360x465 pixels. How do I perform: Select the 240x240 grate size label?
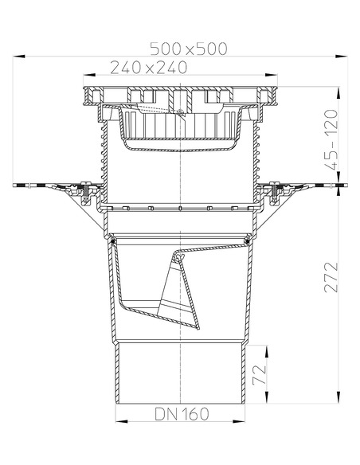tap(150, 68)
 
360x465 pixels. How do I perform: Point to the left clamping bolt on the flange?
tap(83, 190)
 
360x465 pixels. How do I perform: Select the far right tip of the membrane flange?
tap(347, 186)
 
